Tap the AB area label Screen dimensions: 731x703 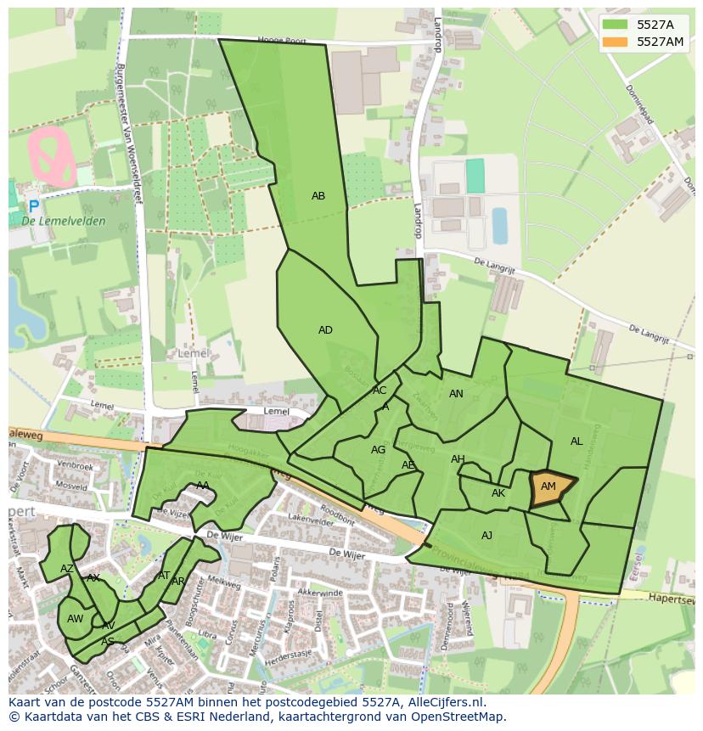click(x=318, y=196)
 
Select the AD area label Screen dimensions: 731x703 click(x=325, y=330)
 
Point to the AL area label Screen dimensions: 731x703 click(x=576, y=441)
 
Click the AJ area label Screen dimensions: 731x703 click(x=486, y=536)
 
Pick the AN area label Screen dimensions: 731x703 click(x=456, y=394)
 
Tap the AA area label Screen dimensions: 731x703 click(x=203, y=486)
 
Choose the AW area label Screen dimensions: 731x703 click(x=75, y=619)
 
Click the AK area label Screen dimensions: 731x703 click(x=498, y=493)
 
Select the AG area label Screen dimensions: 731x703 click(x=379, y=450)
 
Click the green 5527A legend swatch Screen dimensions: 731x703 click(x=616, y=25)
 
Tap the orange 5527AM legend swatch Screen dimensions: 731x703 click(x=616, y=42)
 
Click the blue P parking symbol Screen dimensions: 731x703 click(x=34, y=206)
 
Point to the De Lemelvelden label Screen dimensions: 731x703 click(x=65, y=222)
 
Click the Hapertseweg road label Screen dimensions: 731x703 click(x=671, y=599)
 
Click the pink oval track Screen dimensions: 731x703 click(x=53, y=155)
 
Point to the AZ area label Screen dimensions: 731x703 click(x=67, y=568)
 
